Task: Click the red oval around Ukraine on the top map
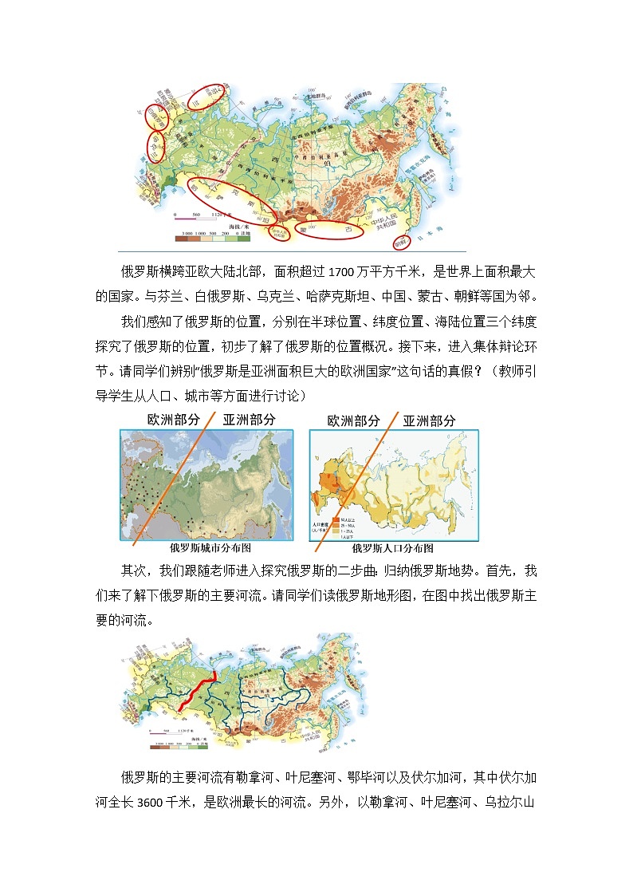point(154,144)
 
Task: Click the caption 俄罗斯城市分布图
point(210,548)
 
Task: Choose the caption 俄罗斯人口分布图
point(393,548)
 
